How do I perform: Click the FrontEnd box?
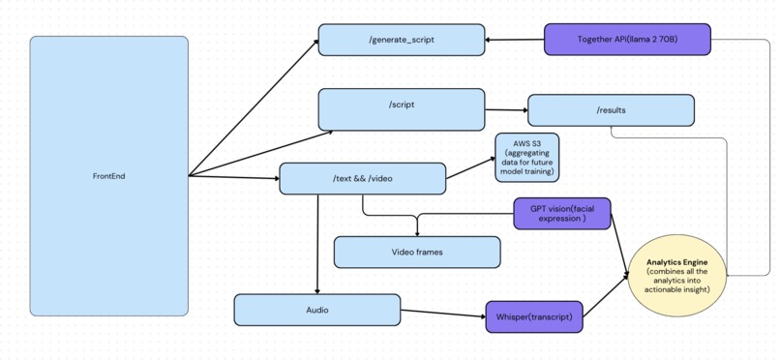[x=108, y=176]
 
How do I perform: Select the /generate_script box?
[x=402, y=40]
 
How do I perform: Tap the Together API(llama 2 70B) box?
[x=627, y=40]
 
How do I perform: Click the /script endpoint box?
[x=402, y=109]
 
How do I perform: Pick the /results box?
[x=611, y=110]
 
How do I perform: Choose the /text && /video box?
[x=363, y=178]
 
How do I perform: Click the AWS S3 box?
[x=527, y=158]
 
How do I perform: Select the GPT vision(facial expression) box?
[x=562, y=214]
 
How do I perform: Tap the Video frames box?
[x=417, y=253]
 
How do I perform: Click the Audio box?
[x=317, y=310]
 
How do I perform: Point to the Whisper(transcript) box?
[x=534, y=316]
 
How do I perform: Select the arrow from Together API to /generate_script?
[x=515, y=40]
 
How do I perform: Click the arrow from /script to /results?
[x=506, y=109]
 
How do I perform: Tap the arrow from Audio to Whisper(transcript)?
[x=443, y=313]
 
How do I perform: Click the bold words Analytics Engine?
[x=676, y=262]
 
